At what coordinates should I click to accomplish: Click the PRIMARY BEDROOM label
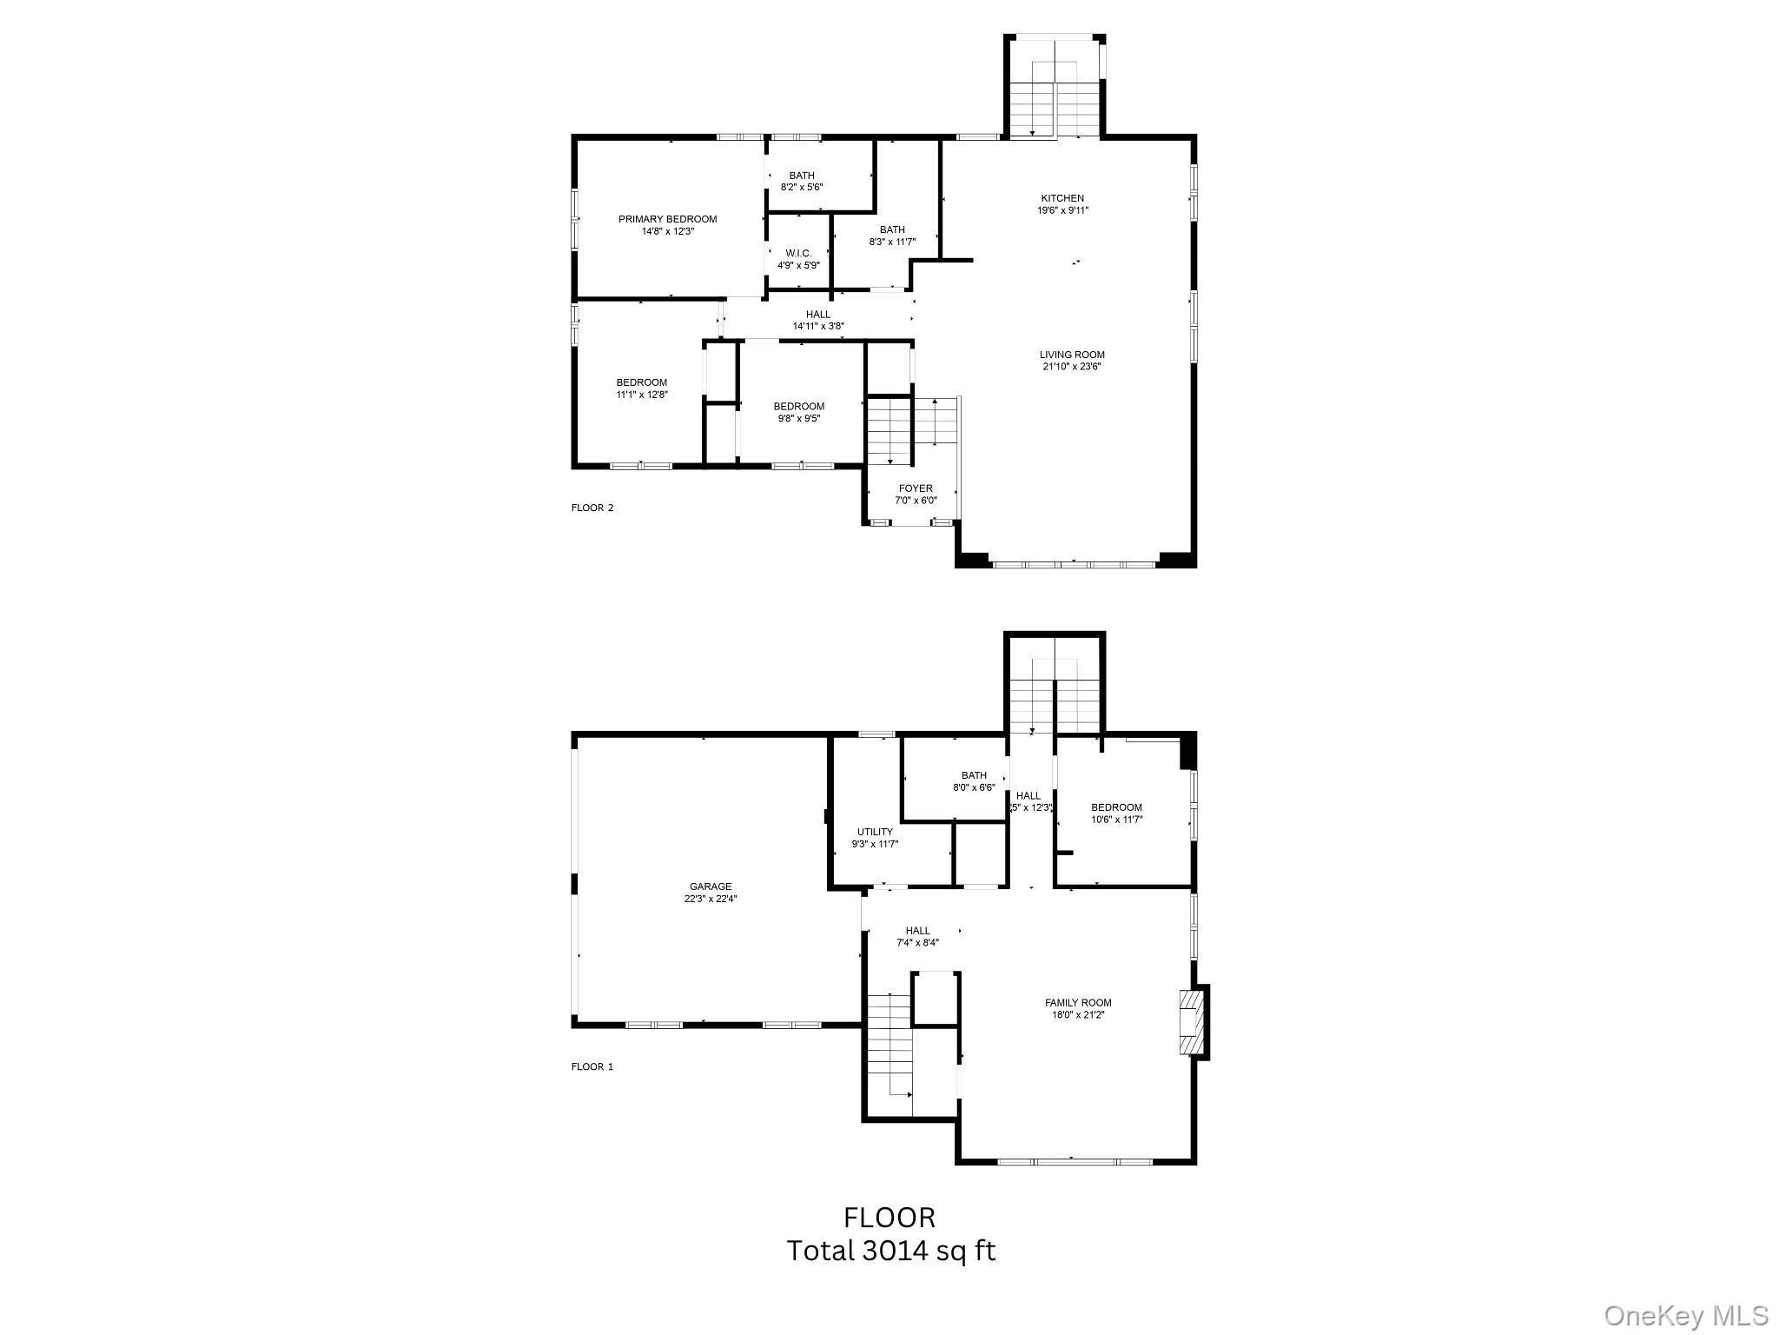[667, 219]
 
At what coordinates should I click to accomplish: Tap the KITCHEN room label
[1062, 198]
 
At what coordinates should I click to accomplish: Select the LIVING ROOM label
[1072, 355]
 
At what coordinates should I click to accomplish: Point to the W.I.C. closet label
[798, 253]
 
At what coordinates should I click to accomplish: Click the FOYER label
[916, 488]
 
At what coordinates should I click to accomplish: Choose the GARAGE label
[711, 887]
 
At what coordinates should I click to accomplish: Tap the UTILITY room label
[875, 832]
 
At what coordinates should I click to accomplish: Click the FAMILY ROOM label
[1078, 1003]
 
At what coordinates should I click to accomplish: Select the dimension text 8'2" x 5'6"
[802, 187]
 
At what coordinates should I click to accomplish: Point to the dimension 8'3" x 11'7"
[892, 242]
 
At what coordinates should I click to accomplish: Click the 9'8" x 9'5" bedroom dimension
[798, 418]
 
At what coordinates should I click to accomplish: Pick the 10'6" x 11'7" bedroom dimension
[1116, 819]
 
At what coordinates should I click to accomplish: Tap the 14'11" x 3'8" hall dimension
[817, 326]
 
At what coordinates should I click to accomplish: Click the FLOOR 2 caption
[592, 508]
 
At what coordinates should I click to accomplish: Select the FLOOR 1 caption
[592, 1066]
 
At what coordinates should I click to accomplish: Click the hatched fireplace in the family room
[1194, 1022]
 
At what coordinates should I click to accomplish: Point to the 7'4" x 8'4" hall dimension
[917, 942]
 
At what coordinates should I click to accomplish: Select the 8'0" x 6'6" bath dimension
[974, 787]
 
